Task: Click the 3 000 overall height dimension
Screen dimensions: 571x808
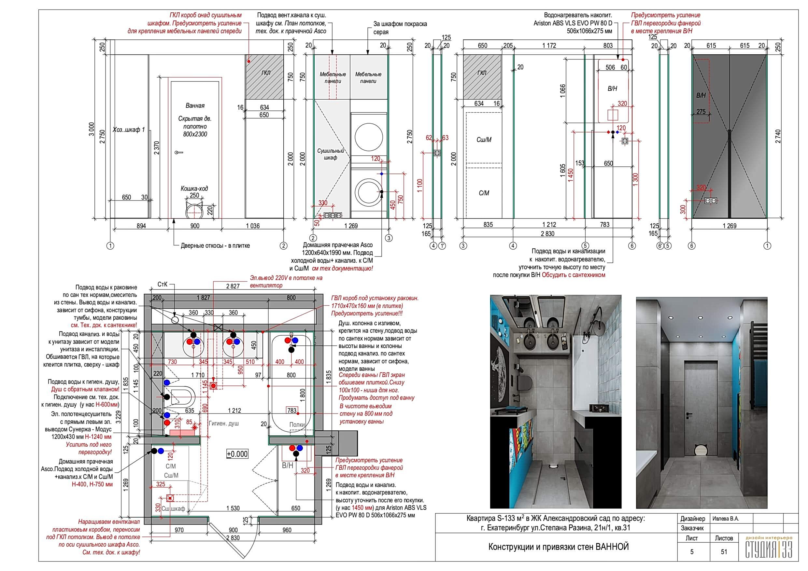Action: coord(92,129)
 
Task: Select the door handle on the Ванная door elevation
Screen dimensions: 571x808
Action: coord(179,152)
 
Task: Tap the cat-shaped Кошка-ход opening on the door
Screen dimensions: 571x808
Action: coord(194,210)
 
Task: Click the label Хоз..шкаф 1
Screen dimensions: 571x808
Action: coord(128,130)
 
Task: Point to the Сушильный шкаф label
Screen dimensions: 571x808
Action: coord(331,154)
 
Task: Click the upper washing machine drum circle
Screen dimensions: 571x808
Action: coord(368,137)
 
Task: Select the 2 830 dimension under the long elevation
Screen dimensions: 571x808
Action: coord(547,234)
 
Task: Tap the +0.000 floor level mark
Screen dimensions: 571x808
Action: coord(237,454)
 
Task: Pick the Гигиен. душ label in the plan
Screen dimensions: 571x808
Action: coord(223,423)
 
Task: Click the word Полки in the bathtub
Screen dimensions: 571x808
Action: coord(297,425)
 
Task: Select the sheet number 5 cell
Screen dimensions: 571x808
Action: coord(691,552)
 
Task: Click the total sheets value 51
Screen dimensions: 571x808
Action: coord(724,552)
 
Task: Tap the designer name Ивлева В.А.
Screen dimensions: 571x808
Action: coord(726,519)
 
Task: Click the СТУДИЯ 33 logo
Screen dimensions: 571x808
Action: coord(769,548)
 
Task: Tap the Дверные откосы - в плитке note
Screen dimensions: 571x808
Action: coord(215,245)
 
